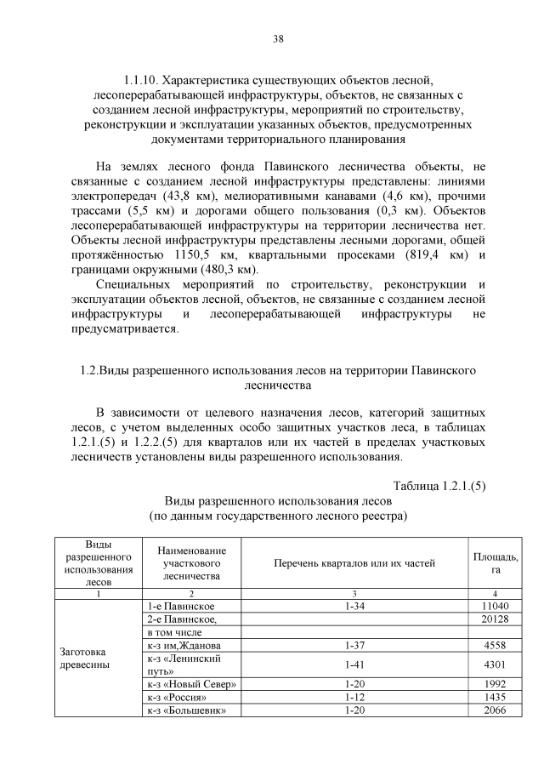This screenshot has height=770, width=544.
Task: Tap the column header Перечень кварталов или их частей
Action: click(x=354, y=562)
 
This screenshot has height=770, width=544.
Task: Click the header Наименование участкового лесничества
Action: click(x=192, y=563)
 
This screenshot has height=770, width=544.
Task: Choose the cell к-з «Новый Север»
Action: click(x=191, y=685)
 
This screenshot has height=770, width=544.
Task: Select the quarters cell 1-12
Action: click(x=354, y=698)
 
